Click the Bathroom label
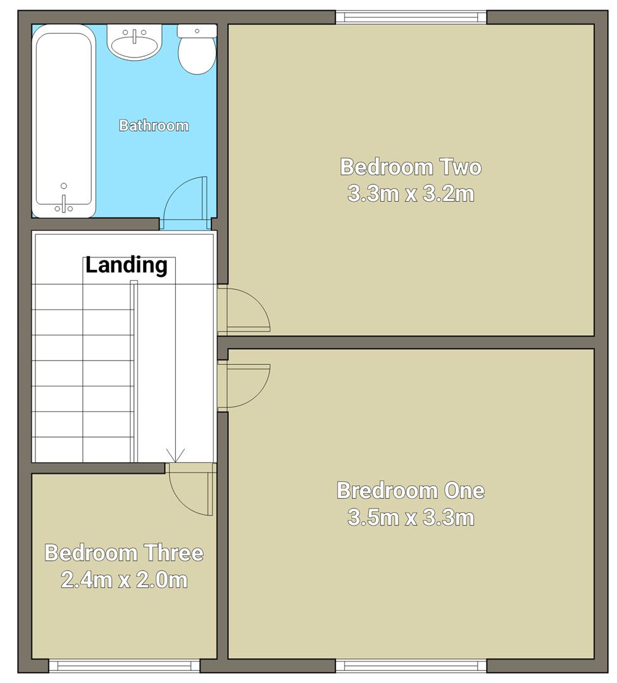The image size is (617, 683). tap(154, 125)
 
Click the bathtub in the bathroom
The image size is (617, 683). tap(65, 120)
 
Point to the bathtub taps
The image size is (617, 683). tap(64, 201)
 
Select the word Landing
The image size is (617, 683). tap(127, 265)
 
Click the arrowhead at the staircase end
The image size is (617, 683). tap(175, 455)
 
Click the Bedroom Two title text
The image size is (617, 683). tap(411, 167)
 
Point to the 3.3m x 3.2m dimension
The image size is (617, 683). tap(411, 194)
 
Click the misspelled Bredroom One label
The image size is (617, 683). tap(411, 490)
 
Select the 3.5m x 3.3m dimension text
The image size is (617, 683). tap(411, 518)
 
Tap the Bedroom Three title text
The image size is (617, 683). tap(124, 553)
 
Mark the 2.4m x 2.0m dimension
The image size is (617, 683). tap(124, 579)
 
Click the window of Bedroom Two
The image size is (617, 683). tap(411, 17)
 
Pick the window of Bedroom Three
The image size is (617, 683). tap(124, 665)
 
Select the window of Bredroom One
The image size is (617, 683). tap(411, 665)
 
